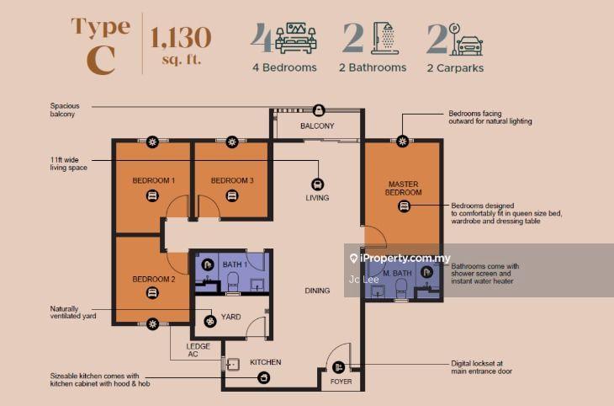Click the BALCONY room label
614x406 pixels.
pos(317,126)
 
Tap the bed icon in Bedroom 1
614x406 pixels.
pos(152,195)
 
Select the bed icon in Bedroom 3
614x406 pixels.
pos(232,195)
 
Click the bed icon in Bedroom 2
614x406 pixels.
pos(152,293)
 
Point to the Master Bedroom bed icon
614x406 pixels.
pos(404,206)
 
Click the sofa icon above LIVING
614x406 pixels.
pos(317,184)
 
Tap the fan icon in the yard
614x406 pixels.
pos(210,321)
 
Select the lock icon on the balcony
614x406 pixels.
pos(319,110)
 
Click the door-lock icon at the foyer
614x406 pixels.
pos(338,367)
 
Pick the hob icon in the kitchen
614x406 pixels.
pos(264,377)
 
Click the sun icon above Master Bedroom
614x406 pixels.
pos(402,142)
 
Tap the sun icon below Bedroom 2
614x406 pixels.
pos(152,324)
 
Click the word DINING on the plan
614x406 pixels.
pos(317,291)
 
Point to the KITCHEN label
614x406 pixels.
pos(266,362)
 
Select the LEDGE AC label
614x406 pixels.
pos(198,350)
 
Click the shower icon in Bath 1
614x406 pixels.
pos(208,264)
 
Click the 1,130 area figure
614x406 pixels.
pos(181,38)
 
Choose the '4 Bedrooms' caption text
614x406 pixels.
pos(284,67)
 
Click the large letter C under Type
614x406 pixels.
pos(101,61)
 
